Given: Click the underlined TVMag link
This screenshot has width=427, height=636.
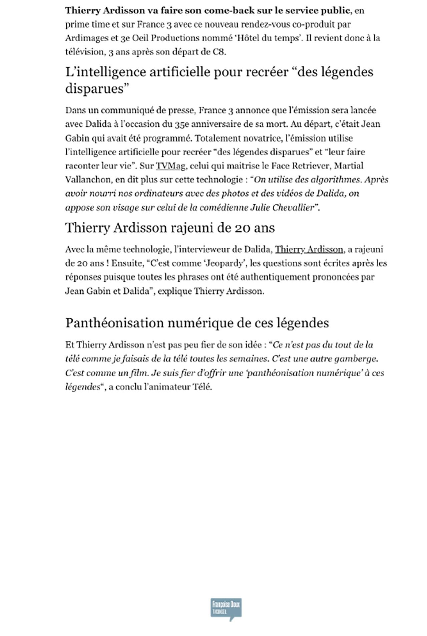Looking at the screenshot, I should click(170, 166).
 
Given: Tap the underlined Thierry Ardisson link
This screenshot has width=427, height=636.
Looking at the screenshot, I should click(309, 249).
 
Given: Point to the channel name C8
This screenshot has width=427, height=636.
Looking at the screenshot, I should click(219, 52).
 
